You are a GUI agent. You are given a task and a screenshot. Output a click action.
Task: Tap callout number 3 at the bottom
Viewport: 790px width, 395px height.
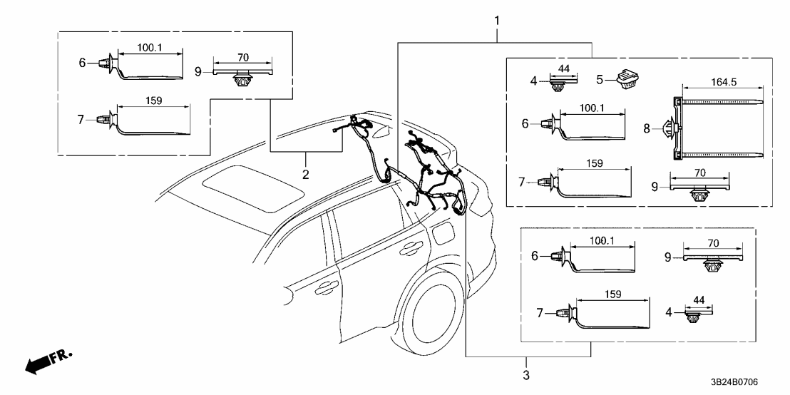point(527,374)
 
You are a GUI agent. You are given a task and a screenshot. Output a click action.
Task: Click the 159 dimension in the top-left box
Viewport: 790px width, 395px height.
point(153,101)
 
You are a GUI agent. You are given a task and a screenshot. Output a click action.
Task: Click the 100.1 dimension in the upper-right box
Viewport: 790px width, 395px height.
point(592,108)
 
